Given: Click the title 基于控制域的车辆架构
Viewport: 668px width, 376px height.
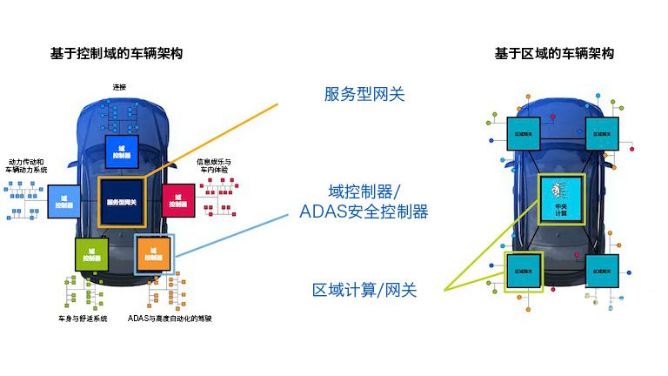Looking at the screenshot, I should click(x=116, y=54).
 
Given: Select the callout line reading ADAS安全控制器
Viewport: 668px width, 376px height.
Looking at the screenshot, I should click(x=364, y=211).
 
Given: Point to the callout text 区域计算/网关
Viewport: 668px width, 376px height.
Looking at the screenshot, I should click(x=364, y=290).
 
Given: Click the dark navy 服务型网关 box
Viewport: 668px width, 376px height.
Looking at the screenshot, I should click(x=122, y=202).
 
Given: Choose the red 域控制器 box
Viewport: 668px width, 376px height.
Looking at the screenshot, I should click(x=177, y=199).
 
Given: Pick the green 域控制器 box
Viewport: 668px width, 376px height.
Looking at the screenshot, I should click(x=91, y=253).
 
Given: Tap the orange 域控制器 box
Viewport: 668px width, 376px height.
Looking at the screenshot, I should click(x=155, y=254).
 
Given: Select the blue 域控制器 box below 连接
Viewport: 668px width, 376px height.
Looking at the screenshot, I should click(x=122, y=152).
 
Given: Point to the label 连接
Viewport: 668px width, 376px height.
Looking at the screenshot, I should click(x=119, y=87).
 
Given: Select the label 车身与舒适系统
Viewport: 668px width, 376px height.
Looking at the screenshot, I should click(x=83, y=319).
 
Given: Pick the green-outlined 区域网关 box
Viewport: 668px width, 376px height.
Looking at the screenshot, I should click(x=523, y=271).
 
